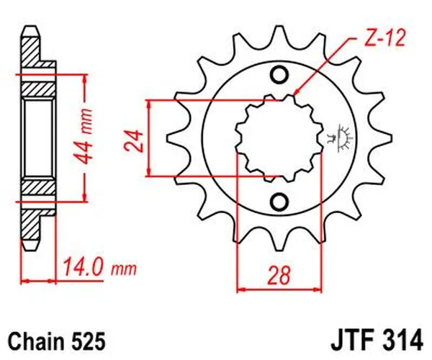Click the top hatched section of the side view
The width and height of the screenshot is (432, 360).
(x=33, y=50)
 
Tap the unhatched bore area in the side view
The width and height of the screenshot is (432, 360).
(x=39, y=137)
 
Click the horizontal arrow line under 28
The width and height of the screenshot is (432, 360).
(x=279, y=290)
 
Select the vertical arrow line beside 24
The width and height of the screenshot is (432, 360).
(x=149, y=137)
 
